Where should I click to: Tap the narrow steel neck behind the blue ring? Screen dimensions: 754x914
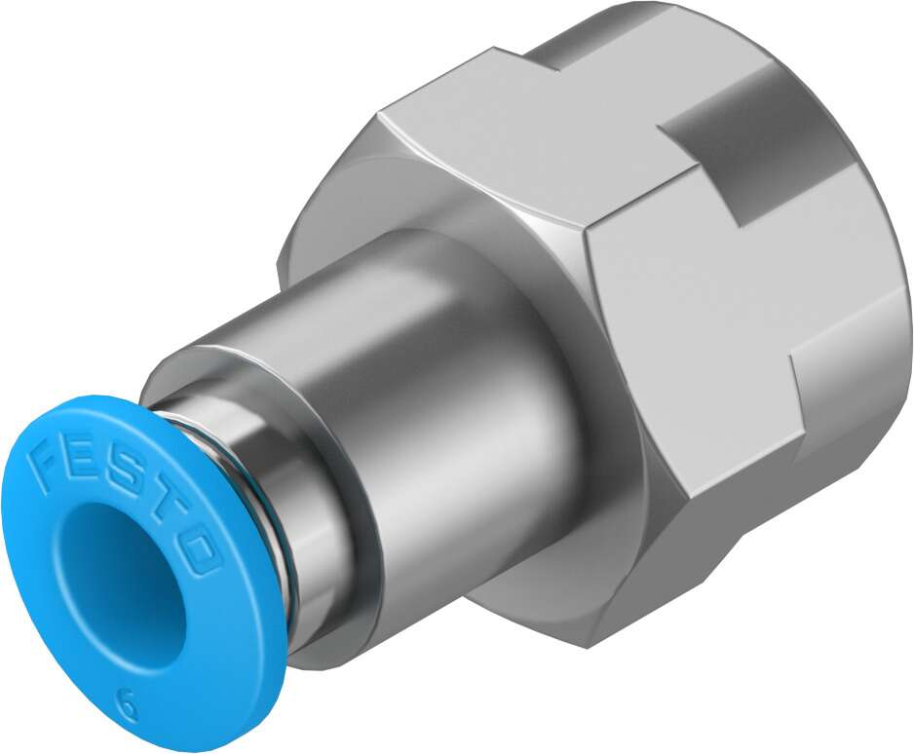(x=278, y=507)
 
